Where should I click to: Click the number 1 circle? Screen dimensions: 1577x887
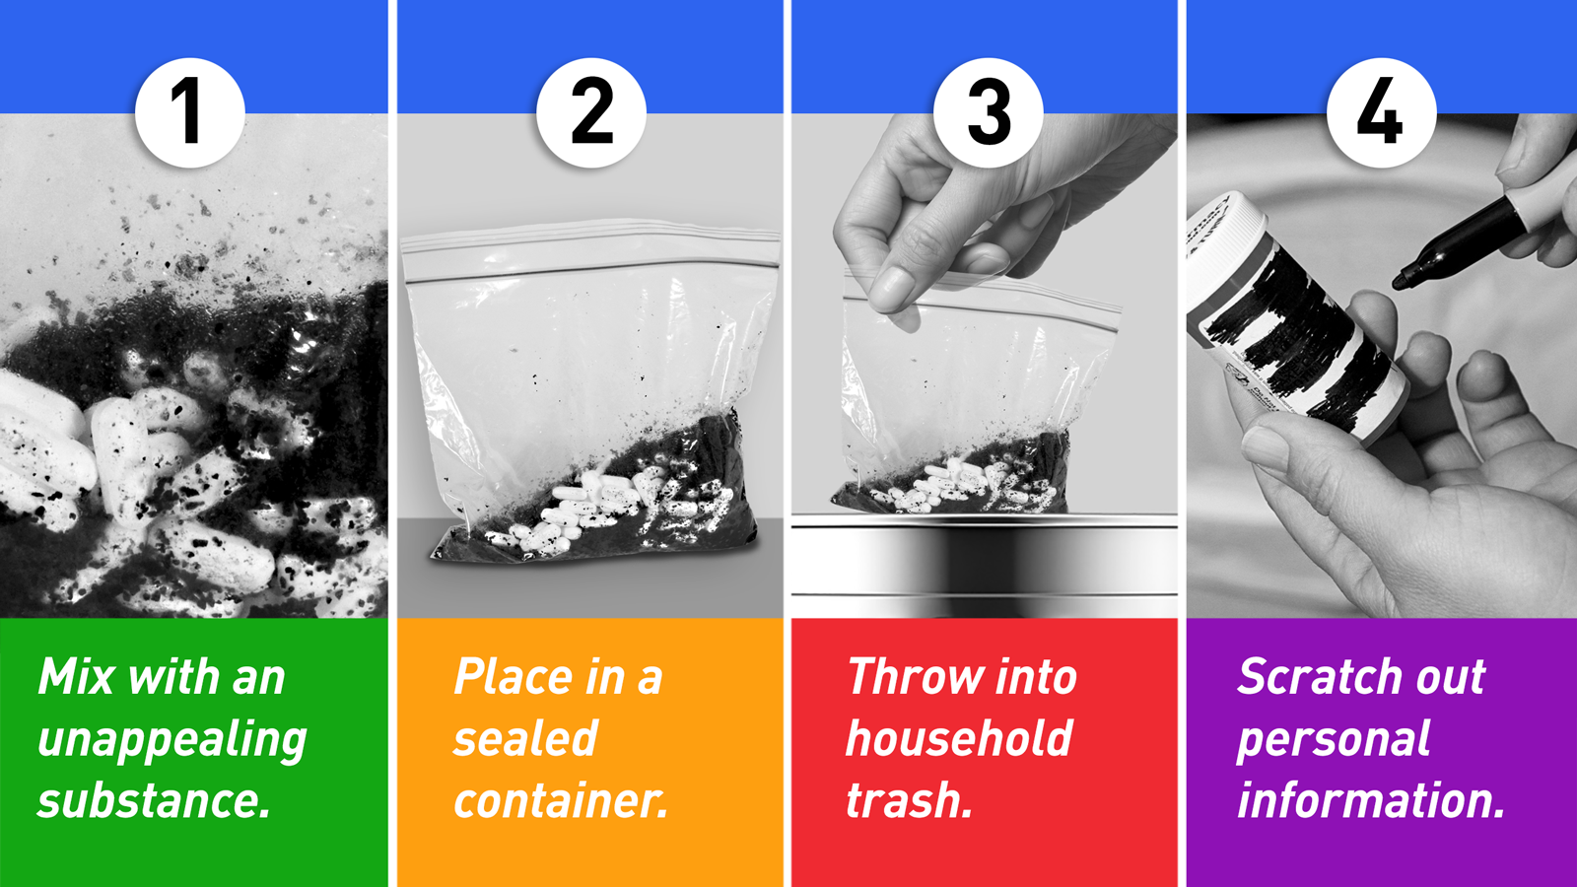point(190,112)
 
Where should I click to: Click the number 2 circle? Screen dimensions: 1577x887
point(591,112)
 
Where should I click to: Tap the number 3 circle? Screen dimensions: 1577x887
point(988,112)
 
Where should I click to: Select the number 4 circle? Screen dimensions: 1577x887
point(1381,112)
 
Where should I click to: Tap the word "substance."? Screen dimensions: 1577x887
point(154,800)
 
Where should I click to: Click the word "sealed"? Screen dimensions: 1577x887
point(525,738)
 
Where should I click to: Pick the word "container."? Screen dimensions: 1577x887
point(561,800)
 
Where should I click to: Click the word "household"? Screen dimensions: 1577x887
point(959,738)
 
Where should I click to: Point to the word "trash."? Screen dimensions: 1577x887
point(909,800)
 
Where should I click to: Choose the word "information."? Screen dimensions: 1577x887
point(1371,800)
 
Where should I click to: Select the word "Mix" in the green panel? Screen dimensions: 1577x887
point(76,676)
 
